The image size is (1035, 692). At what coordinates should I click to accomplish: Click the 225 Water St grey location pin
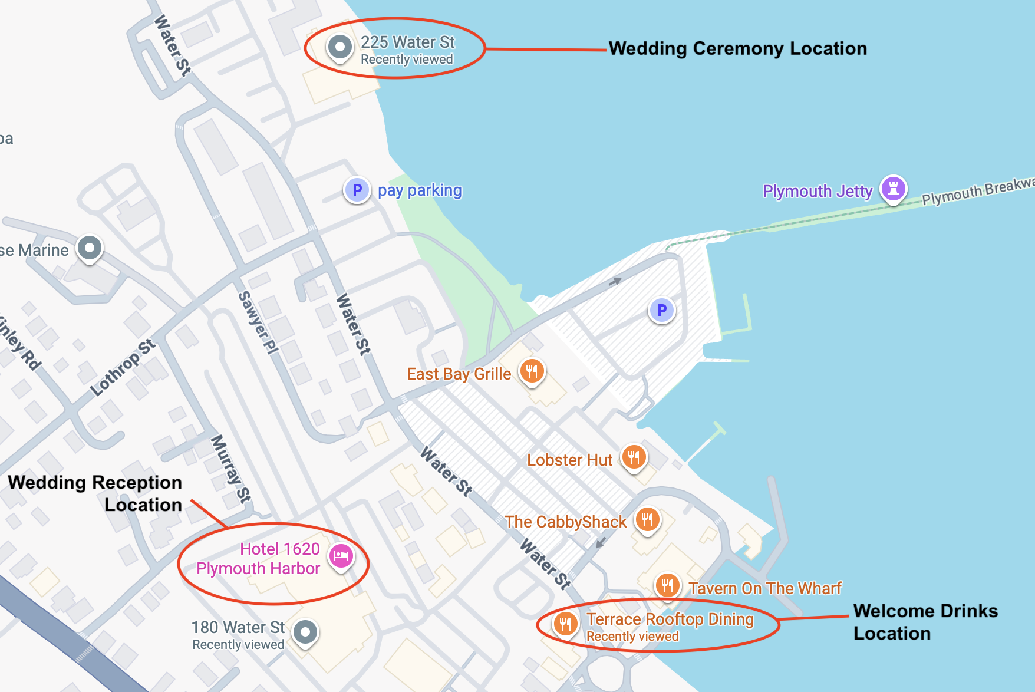[x=340, y=47]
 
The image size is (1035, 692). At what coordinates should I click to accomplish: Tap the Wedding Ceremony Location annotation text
[x=737, y=48]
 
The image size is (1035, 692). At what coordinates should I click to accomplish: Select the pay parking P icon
[x=357, y=190]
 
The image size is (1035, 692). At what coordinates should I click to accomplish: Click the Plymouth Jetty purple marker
[x=893, y=189]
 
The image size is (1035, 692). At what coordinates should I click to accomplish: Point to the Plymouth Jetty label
[x=817, y=191]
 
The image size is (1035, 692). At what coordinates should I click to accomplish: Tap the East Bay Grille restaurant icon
[x=532, y=371]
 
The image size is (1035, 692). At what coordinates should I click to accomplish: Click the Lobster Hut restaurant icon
[x=634, y=457]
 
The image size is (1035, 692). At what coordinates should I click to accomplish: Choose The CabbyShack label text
[x=565, y=522]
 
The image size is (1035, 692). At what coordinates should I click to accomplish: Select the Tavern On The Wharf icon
[x=667, y=585]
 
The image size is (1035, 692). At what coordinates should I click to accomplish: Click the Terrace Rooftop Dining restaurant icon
[x=565, y=622]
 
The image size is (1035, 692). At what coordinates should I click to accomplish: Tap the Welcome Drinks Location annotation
[x=925, y=622]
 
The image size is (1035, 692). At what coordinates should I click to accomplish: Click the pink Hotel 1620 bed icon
[x=341, y=555]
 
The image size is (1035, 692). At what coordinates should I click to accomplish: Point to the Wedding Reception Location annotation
[x=95, y=493]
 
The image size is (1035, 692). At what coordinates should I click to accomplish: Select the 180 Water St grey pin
[x=305, y=632]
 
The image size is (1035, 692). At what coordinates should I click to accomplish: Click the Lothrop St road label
[x=123, y=367]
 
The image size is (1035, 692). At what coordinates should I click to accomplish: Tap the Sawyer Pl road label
[x=258, y=322]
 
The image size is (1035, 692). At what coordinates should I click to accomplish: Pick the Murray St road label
[x=230, y=469]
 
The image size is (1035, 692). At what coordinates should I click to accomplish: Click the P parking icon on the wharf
[x=662, y=309]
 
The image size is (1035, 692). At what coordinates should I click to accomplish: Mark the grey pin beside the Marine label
[x=90, y=248]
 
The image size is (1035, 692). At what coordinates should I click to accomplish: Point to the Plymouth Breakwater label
[x=977, y=191]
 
